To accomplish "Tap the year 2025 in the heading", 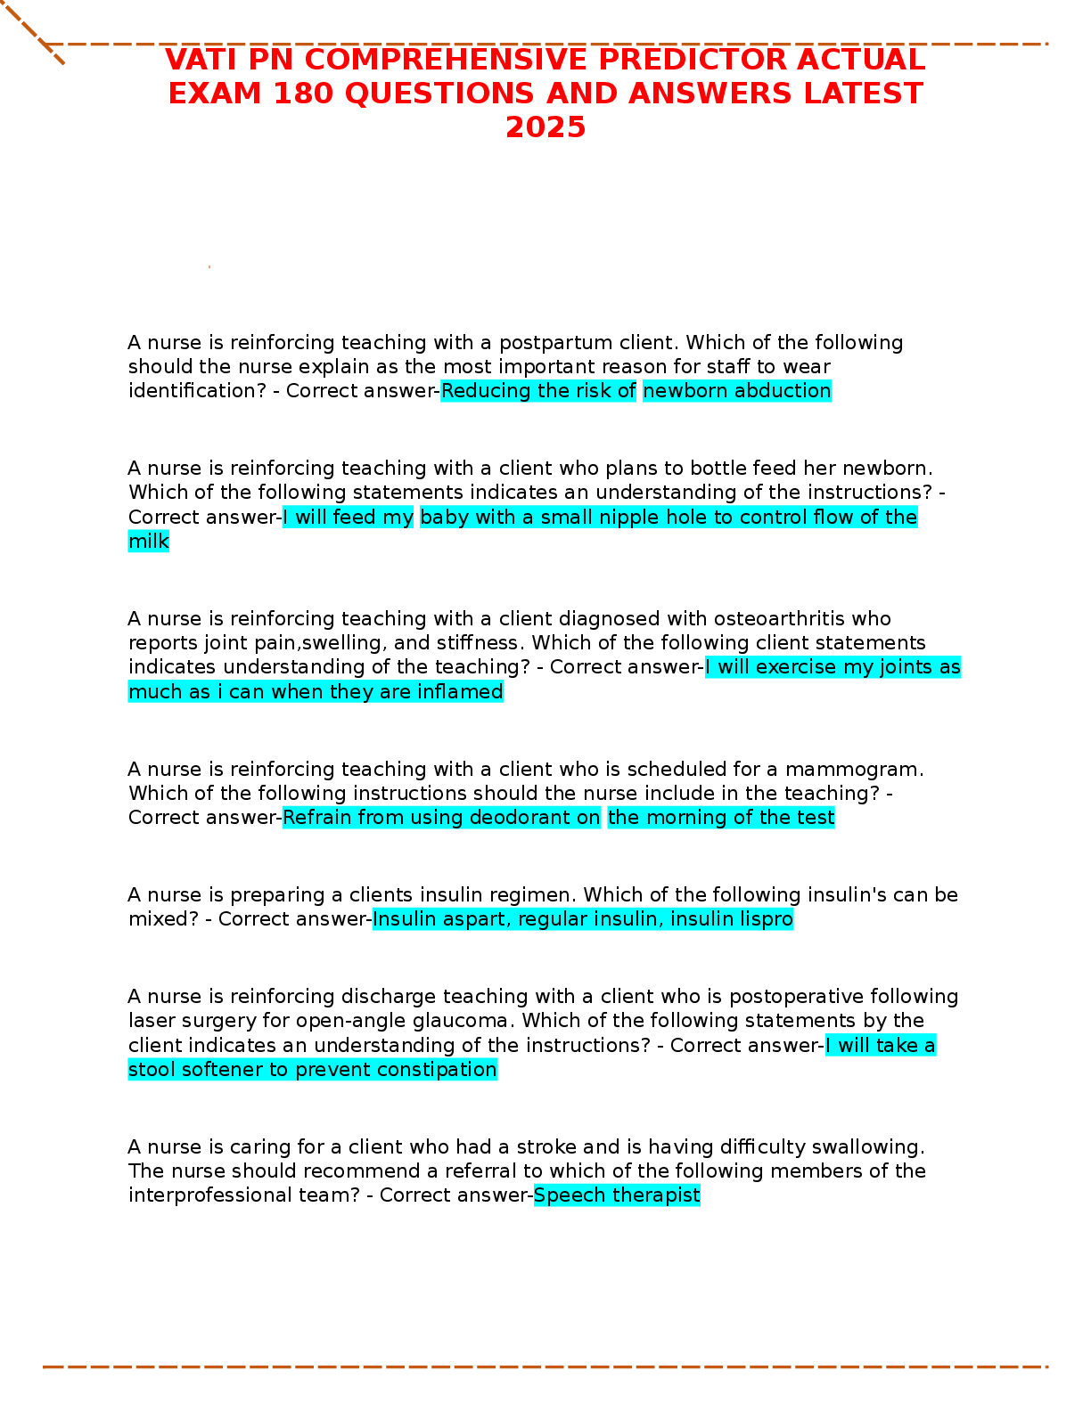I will [x=545, y=127].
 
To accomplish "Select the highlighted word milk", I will [x=149, y=542].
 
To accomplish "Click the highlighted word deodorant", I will [x=522, y=818].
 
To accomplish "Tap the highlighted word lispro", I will [x=761, y=919].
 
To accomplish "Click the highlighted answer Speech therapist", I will [x=617, y=1195].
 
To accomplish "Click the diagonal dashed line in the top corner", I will [x=33, y=32].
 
